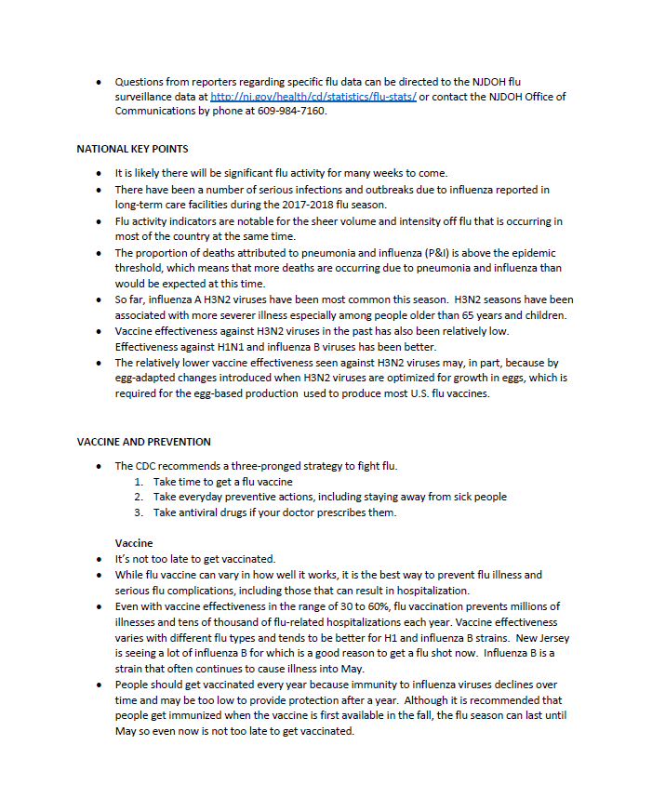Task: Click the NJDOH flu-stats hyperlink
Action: point(313,97)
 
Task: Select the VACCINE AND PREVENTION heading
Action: point(143,442)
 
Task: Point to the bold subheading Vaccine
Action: point(134,542)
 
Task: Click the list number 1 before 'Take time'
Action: point(138,482)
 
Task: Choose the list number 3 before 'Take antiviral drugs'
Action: point(138,512)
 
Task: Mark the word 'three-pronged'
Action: point(282,466)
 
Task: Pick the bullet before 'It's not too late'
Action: point(99,559)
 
